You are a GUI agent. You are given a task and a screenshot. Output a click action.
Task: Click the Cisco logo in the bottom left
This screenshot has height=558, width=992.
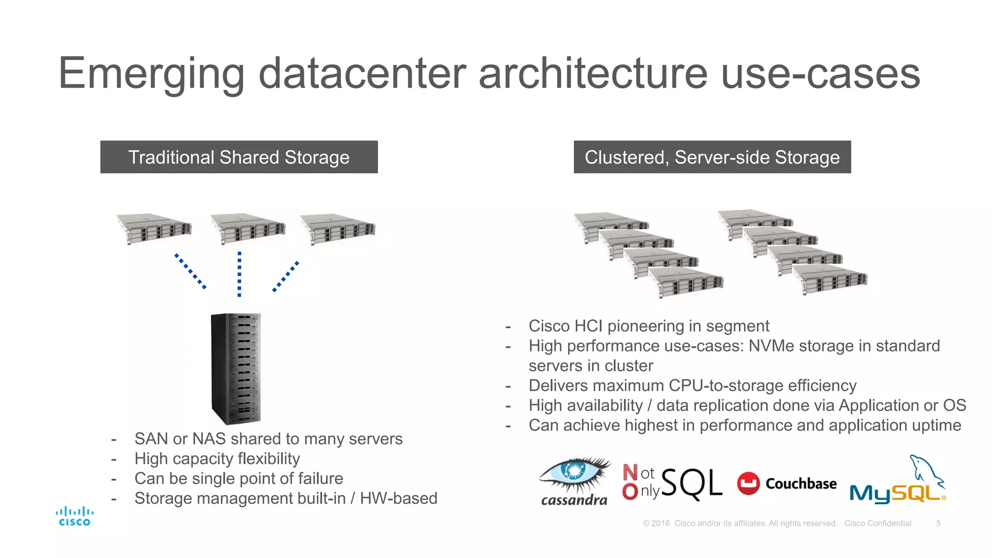pos(75,516)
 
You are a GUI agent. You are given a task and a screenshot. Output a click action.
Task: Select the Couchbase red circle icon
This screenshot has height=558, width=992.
pos(748,483)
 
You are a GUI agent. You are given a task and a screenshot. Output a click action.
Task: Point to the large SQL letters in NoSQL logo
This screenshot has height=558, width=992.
pos(691,483)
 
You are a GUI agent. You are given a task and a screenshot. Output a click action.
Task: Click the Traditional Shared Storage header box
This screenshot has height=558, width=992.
pos(239,157)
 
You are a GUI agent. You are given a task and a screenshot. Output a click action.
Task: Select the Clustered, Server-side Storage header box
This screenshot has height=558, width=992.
pos(712,157)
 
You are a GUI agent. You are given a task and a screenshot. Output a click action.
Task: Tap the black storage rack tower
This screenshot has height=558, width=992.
pos(236,369)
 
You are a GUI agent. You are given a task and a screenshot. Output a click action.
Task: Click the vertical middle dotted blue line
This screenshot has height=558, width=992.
pos(239,274)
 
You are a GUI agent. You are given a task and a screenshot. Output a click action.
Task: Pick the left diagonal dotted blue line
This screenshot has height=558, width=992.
pos(190,271)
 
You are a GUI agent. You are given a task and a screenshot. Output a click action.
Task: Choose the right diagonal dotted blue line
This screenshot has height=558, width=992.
pos(286,277)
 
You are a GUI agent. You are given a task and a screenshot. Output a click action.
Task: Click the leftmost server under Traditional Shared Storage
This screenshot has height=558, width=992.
pos(154,229)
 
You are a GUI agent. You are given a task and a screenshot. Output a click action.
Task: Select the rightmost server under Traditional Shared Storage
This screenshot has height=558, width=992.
pos(338,229)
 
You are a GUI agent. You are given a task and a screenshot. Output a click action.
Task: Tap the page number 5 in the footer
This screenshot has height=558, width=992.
pos(938,523)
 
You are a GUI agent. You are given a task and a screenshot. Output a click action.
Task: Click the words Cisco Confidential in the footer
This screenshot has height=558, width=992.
pos(878,523)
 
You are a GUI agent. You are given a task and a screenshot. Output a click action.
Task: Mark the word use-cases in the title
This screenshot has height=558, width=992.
pos(821,74)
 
